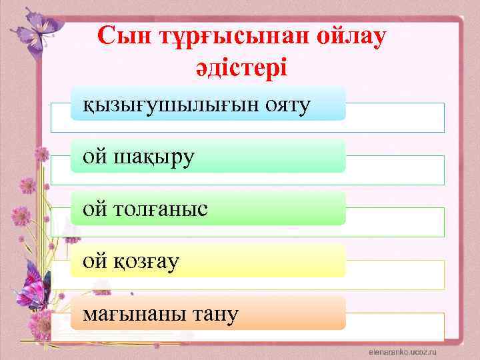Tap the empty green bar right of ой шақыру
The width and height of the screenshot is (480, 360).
tap(395, 170)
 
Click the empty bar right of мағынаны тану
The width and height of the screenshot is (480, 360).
tap(395, 327)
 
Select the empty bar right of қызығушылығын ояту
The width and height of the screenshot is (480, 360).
tap(395, 117)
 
